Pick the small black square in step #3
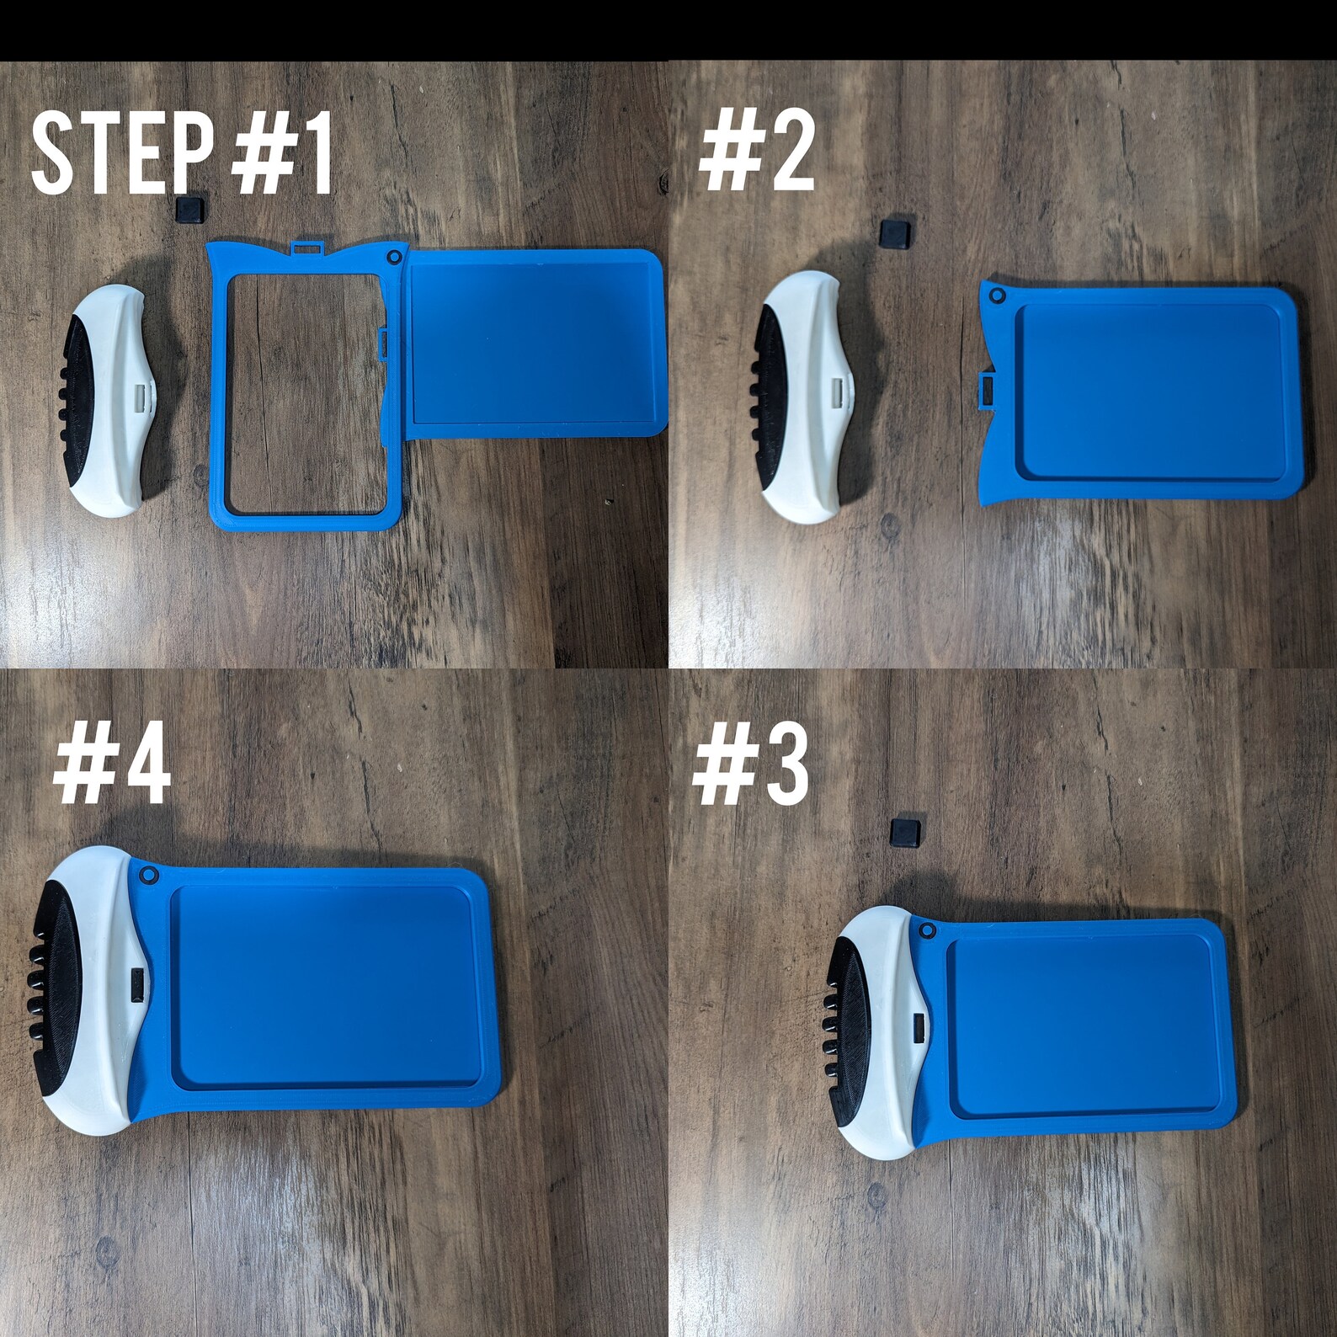tap(904, 831)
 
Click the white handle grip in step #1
tap(114, 400)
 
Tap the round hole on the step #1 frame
tap(393, 256)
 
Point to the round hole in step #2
tap(998, 296)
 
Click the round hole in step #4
tap(150, 876)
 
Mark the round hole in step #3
tap(928, 932)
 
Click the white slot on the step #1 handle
tap(141, 395)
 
